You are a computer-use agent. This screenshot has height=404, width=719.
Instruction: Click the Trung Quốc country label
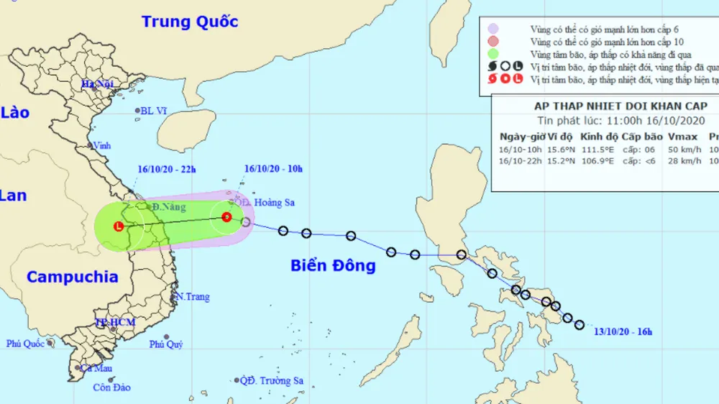189,21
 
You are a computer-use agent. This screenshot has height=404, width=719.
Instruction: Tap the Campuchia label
72,277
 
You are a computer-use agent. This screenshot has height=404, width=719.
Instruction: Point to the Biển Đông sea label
333,266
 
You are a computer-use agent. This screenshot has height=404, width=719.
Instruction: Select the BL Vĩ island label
154,111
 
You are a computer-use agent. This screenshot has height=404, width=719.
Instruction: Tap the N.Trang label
189,296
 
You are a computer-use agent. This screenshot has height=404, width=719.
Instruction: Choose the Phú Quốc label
26,344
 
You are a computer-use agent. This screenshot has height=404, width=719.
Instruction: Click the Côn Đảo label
111,387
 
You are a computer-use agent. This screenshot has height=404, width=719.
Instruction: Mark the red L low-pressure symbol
119,226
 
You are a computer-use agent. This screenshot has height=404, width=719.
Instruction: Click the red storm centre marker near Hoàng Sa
226,216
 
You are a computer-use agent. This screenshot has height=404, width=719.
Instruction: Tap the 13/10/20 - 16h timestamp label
623,331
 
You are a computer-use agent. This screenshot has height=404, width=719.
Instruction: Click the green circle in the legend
493,54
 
